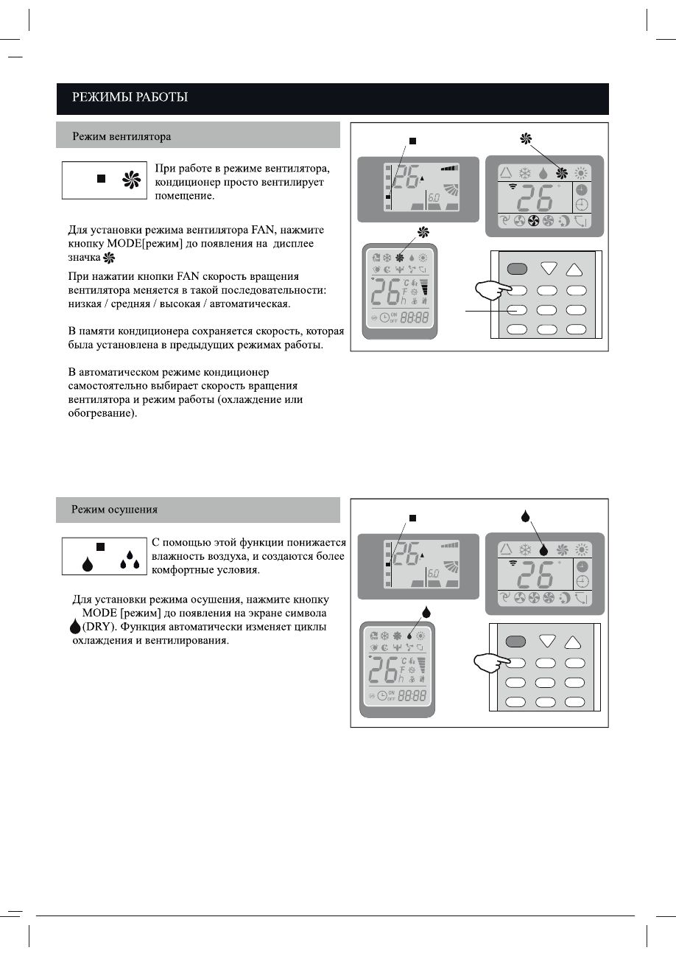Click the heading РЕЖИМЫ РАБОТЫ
coord(129,96)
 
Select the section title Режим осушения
coord(114,510)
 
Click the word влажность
coord(178,556)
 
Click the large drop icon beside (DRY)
coord(74,627)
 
